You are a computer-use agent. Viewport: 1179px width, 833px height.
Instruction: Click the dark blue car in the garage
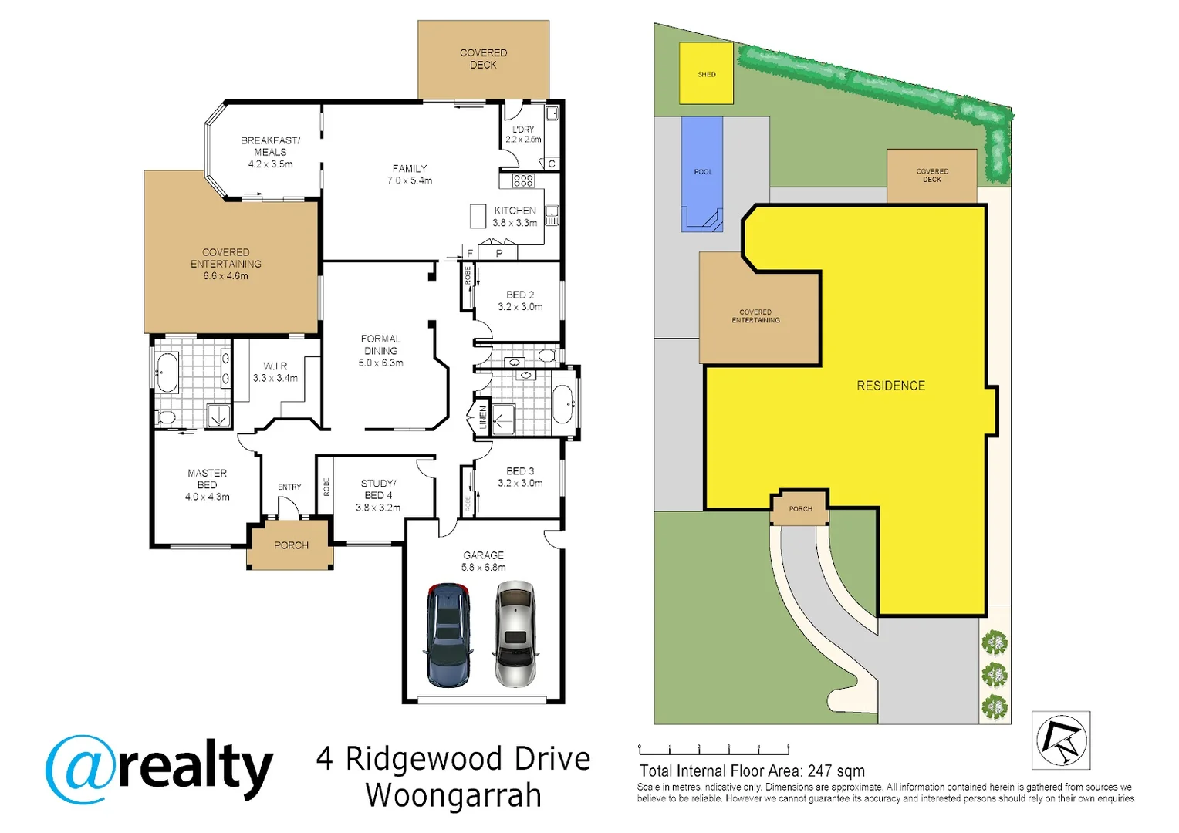448,635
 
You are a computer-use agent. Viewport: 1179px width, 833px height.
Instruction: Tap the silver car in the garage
515,635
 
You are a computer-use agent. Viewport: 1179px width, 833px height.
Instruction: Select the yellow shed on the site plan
706,74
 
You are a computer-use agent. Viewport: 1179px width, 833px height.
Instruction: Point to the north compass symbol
1061,740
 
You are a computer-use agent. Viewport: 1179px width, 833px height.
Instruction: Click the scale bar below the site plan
714,749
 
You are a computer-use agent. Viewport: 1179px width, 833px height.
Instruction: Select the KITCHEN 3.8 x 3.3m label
515,216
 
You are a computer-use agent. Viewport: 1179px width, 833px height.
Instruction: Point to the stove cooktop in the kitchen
523,180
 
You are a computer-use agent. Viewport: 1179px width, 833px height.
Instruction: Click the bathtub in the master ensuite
167,373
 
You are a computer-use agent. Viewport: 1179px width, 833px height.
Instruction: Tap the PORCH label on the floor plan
291,545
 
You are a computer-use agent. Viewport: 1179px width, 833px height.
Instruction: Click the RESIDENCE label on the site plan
890,386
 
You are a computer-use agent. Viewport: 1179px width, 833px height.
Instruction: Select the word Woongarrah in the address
454,795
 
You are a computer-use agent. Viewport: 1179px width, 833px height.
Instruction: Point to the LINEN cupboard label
483,417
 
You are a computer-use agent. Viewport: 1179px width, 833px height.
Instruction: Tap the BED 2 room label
520,300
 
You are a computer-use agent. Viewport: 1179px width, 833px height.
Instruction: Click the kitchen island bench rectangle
478,216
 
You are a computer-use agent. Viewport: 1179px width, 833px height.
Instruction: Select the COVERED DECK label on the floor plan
483,59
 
